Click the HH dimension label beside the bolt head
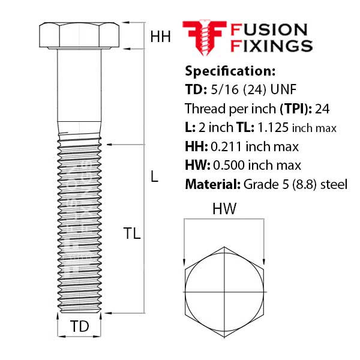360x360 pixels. [x=160, y=37]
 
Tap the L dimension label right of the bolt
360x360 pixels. [x=154, y=177]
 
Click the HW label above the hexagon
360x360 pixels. [x=224, y=209]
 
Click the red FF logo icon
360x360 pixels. [x=204, y=37]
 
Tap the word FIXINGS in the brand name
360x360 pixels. [x=271, y=46]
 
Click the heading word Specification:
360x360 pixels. [x=230, y=71]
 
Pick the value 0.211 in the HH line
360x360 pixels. [x=223, y=146]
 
